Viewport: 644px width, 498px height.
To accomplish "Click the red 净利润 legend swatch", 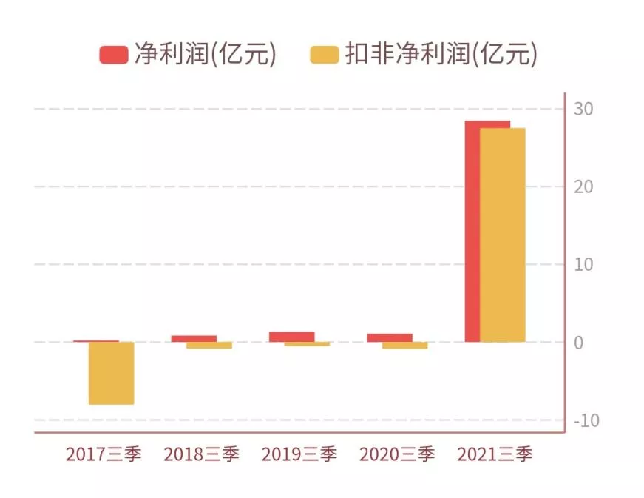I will pyautogui.click(x=113, y=54).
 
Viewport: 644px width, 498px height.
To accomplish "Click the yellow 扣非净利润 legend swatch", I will pyautogui.click(x=324, y=54).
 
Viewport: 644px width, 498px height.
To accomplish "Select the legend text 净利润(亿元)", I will pyautogui.click(x=205, y=54).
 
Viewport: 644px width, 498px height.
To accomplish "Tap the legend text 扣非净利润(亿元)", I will pyautogui.click(x=441, y=54).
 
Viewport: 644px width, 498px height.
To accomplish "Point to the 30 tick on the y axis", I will pyautogui.click(x=583, y=110).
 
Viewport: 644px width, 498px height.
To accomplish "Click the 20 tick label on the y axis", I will pyautogui.click(x=583, y=187).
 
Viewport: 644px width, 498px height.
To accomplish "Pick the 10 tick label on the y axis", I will pyautogui.click(x=583, y=265).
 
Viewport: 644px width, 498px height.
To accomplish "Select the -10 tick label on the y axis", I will pyautogui.click(x=586, y=420).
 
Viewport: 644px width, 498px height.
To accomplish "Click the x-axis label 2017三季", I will pyautogui.click(x=103, y=454).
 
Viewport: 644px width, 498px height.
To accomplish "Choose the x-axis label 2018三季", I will pyautogui.click(x=201, y=454).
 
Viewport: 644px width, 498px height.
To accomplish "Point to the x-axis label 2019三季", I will pyautogui.click(x=299, y=454).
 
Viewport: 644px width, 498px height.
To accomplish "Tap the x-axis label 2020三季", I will pyautogui.click(x=397, y=454).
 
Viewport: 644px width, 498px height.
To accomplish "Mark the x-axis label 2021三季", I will pyautogui.click(x=495, y=454).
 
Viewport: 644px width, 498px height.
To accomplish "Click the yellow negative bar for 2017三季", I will pyautogui.click(x=111, y=373).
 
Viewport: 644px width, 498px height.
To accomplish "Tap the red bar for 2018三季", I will pyautogui.click(x=194, y=338).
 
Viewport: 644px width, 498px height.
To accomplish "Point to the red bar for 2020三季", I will pyautogui.click(x=389, y=337).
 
